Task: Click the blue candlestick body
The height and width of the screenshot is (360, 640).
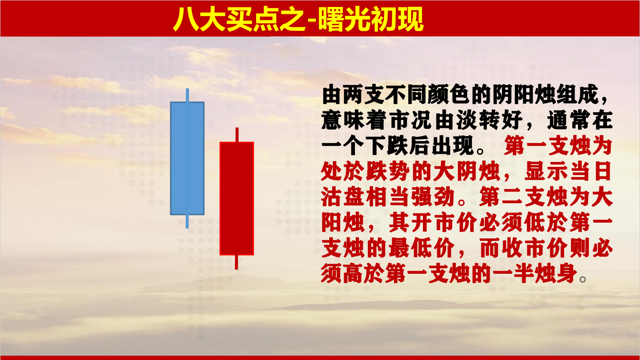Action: point(187,158)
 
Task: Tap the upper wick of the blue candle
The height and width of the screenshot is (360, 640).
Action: point(187,95)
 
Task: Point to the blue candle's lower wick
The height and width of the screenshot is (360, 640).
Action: point(187,221)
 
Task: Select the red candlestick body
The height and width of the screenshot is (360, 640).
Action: point(237,198)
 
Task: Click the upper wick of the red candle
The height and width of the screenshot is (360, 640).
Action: point(237,135)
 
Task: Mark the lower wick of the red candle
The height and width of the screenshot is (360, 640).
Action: point(236,262)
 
